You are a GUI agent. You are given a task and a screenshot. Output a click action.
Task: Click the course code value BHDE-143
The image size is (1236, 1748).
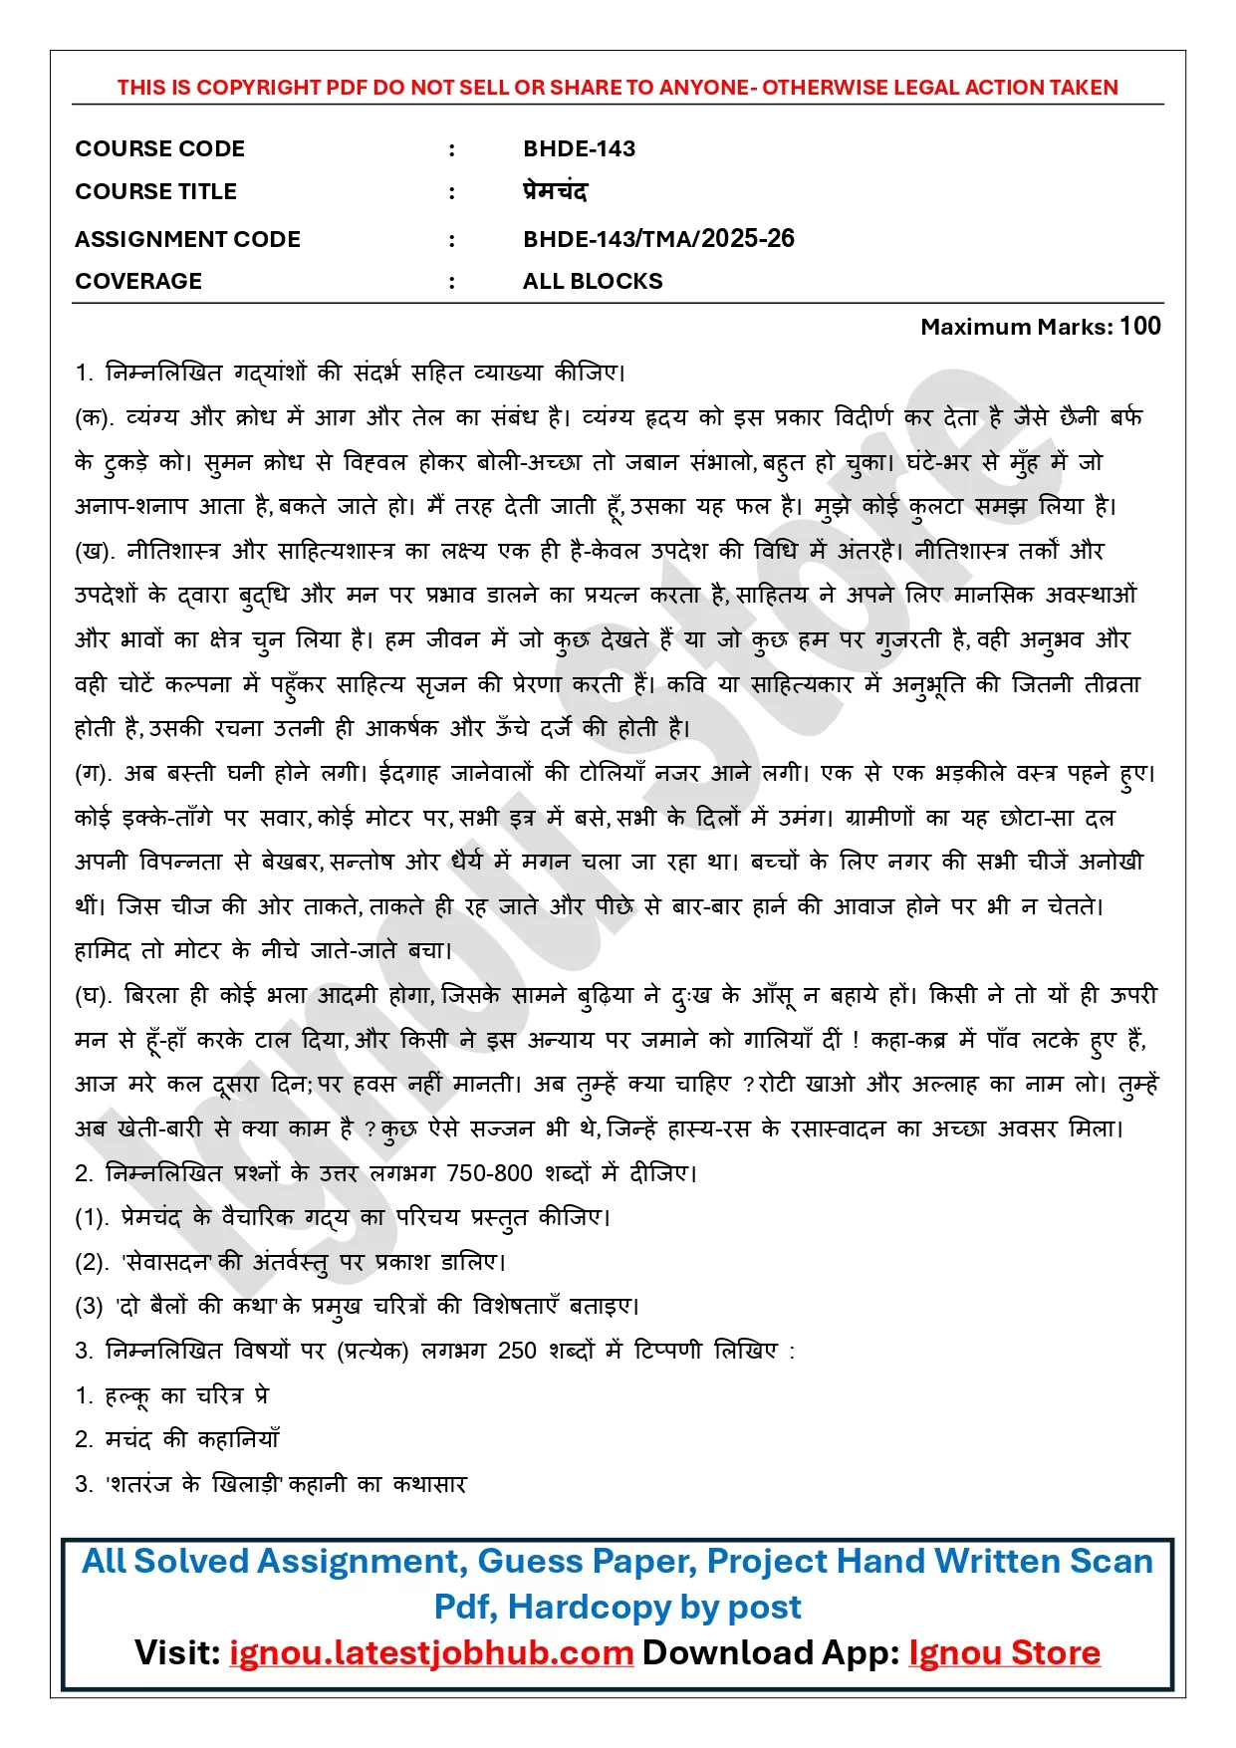coord(579,149)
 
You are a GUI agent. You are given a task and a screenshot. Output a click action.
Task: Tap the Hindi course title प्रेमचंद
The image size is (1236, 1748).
coord(555,191)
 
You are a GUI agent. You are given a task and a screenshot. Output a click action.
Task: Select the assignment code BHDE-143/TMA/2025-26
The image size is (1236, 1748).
coord(658,239)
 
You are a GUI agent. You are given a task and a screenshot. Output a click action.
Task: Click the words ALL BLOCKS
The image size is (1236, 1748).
coord(593,282)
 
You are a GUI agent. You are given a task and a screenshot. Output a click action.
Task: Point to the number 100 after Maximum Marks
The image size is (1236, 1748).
coord(1140,327)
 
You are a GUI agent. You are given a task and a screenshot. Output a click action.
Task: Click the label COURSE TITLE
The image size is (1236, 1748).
coord(155,192)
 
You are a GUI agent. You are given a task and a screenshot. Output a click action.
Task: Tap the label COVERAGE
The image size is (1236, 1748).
coord(138,282)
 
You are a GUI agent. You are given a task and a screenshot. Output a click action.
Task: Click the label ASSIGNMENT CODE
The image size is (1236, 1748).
coord(187,240)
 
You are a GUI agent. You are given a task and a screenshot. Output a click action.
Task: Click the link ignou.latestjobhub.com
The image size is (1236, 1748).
coord(431,1652)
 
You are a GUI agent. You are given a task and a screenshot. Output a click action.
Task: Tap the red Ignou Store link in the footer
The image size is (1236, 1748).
coord(1004,1652)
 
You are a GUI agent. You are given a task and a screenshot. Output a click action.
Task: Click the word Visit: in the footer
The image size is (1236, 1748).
coord(177,1652)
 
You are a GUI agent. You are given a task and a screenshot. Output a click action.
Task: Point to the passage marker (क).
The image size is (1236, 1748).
coord(95,418)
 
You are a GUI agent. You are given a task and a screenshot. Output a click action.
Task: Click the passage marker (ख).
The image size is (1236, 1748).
coord(95,552)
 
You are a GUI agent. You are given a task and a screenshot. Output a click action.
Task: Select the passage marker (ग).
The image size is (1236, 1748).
coord(94,774)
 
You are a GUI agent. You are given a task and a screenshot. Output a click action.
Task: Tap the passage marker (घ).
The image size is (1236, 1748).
coord(94,996)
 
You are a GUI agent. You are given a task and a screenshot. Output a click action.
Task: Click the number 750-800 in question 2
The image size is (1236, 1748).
coord(489,1173)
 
